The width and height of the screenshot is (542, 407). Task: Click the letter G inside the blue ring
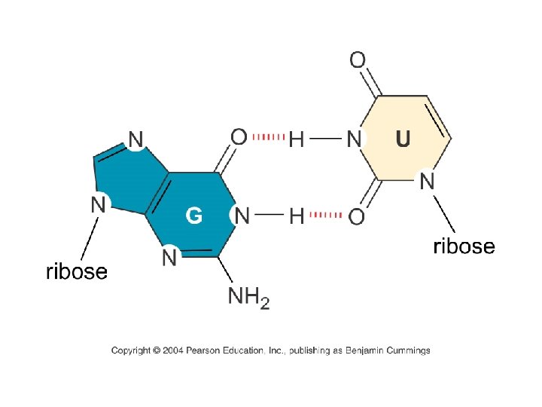193,216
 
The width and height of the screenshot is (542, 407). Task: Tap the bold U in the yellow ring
403,139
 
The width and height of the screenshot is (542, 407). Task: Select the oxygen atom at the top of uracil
358,60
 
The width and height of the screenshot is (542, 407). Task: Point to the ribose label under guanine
77,271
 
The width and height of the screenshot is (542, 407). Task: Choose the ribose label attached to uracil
464,246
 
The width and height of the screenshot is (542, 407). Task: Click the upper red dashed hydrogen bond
267,138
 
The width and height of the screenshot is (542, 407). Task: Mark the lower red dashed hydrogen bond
326,216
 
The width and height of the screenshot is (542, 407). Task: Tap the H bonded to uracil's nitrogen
297,139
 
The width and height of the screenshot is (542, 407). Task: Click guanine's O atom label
239,137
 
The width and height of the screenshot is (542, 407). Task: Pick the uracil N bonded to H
354,139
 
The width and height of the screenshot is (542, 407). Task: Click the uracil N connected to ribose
427,181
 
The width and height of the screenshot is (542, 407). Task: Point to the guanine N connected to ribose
98,203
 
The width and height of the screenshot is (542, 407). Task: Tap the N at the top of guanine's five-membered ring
135,139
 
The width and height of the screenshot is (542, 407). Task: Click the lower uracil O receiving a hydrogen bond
357,217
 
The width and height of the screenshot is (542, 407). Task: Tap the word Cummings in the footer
406,350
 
